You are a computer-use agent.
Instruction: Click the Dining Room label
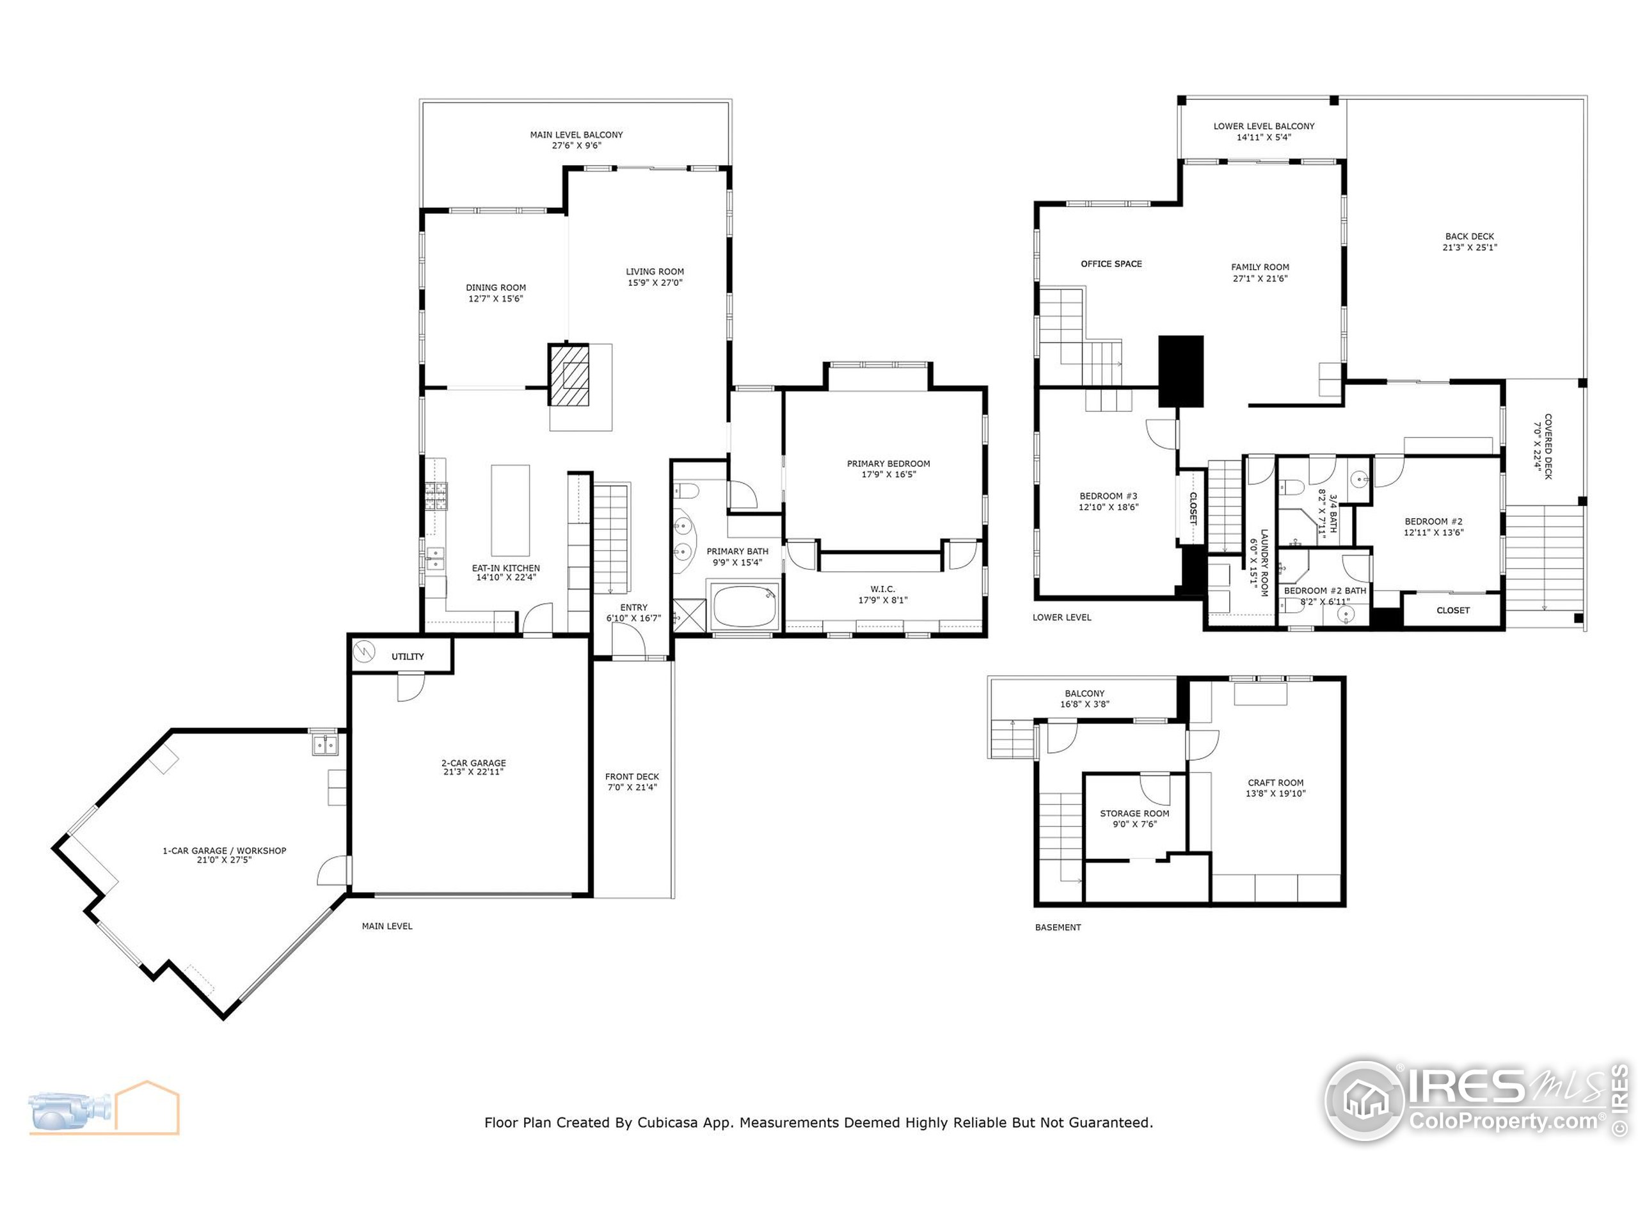pos(495,287)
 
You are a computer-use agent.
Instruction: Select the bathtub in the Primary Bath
pos(744,606)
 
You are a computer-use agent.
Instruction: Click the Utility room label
pos(408,657)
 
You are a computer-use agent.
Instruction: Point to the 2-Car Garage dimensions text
pos(473,772)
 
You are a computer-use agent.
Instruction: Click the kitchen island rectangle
pos(510,510)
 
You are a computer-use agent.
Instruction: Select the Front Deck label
pos(632,776)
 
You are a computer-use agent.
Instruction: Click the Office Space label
pos(1111,264)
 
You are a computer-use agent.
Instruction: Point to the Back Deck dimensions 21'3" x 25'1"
pos(1469,248)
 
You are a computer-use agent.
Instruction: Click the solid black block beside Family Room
pos(1181,370)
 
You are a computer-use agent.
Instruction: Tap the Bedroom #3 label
pos(1108,496)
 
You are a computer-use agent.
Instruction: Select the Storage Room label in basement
pos(1134,814)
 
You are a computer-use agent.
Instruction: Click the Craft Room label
pos(1275,782)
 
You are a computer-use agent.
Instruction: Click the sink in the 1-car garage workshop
pos(324,744)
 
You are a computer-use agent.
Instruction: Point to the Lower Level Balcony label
pos(1263,126)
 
